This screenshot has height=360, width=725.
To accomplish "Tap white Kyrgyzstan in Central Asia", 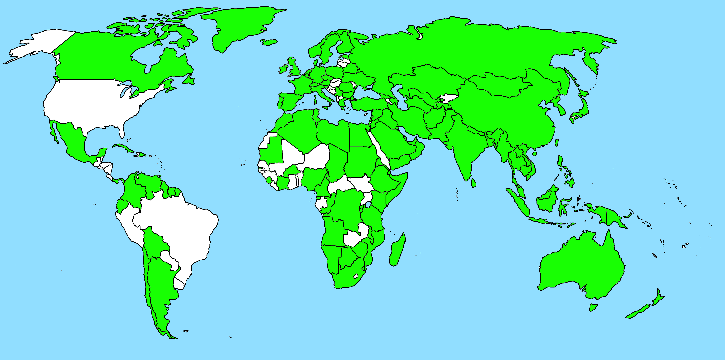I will (448, 98).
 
